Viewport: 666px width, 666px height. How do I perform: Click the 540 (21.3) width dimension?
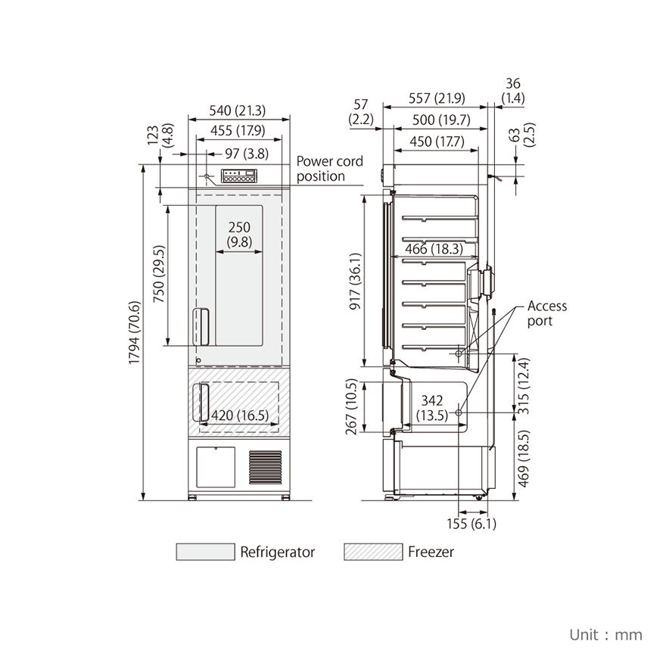(x=238, y=110)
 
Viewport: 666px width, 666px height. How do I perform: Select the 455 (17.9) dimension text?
(x=238, y=130)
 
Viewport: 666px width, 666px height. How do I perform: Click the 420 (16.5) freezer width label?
(x=240, y=415)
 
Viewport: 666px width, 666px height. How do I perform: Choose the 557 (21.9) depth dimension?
(x=437, y=98)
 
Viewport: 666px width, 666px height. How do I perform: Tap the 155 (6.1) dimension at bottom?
(x=471, y=524)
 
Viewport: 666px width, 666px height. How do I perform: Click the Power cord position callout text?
(x=329, y=169)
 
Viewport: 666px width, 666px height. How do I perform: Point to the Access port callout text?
(x=546, y=313)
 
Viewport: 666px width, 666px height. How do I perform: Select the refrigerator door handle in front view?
(x=201, y=327)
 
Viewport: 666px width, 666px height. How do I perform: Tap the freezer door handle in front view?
(x=202, y=403)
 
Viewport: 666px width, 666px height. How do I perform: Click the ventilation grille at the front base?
(x=265, y=468)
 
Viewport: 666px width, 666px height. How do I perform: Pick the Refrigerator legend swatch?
(x=205, y=552)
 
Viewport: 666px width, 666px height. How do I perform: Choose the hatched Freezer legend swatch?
(x=373, y=552)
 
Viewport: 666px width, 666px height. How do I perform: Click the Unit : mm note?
(x=605, y=634)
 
